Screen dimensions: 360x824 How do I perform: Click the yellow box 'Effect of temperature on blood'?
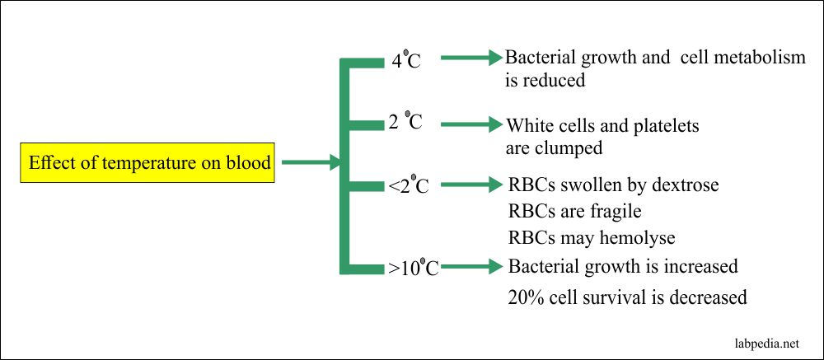pos(150,163)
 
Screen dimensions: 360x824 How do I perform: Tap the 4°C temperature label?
pos(405,61)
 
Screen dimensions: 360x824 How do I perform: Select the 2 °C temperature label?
pos(405,124)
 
